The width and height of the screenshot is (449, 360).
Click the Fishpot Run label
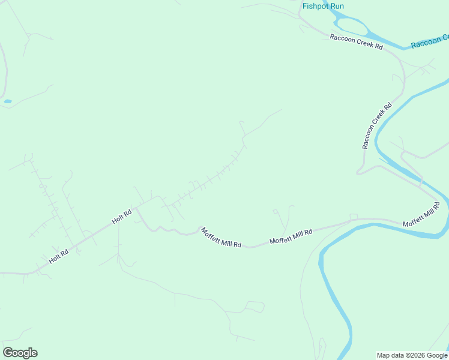(323, 6)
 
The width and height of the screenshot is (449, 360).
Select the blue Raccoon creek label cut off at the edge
(429, 43)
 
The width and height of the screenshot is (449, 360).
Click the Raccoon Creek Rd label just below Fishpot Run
(356, 41)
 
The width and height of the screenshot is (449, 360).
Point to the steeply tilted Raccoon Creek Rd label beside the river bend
(377, 125)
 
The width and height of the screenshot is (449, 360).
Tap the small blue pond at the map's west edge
(8, 101)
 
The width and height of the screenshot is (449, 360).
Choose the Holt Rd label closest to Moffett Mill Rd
(122, 217)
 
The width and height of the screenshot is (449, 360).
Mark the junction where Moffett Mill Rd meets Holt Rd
(136, 208)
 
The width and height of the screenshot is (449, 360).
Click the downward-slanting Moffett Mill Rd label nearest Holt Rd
(221, 238)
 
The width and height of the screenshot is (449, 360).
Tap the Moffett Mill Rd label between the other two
(291, 236)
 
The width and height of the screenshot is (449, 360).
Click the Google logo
(20, 353)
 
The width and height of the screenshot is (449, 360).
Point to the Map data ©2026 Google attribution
(412, 355)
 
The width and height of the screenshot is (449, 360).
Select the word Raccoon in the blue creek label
(426, 43)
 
